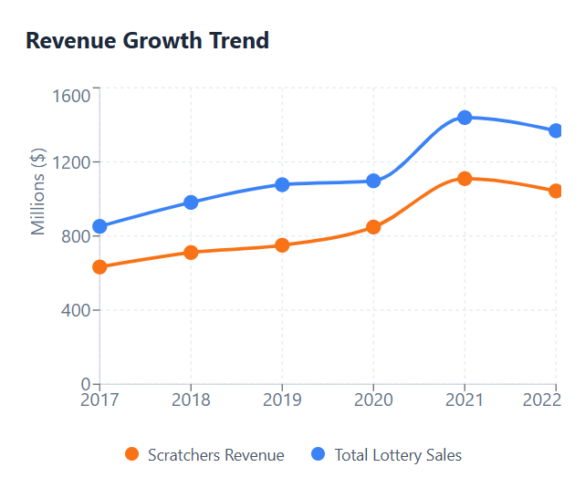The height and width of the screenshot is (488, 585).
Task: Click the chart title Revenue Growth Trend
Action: point(147,41)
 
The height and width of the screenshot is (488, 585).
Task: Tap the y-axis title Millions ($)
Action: point(38,192)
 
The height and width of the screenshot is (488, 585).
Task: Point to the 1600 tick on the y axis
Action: point(72,96)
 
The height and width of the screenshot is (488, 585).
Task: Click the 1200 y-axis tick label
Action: point(72,162)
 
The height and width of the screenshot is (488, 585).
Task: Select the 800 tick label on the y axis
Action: point(77,236)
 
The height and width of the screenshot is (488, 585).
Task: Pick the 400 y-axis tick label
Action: point(77,310)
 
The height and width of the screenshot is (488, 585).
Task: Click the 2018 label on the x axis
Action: point(191,400)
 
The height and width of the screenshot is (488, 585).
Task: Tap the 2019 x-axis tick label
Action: point(282,400)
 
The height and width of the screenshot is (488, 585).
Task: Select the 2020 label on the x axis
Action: point(373,400)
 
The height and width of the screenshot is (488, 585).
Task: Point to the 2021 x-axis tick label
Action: point(465,400)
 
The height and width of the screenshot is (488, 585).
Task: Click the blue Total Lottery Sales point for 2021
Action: point(465,118)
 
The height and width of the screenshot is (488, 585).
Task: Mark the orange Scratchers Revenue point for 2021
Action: point(465,179)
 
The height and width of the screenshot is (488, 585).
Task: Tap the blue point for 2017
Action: point(99,226)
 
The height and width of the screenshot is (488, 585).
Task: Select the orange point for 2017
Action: point(99,267)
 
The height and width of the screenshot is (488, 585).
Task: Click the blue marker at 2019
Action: point(282,184)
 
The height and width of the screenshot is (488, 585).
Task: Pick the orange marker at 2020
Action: point(373,227)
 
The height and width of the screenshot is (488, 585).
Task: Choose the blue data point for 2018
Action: point(191,202)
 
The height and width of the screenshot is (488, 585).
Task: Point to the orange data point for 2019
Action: point(282,245)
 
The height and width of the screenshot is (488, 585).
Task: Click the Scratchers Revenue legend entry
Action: point(204,455)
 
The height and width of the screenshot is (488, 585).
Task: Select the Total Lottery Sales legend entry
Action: point(387,455)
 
